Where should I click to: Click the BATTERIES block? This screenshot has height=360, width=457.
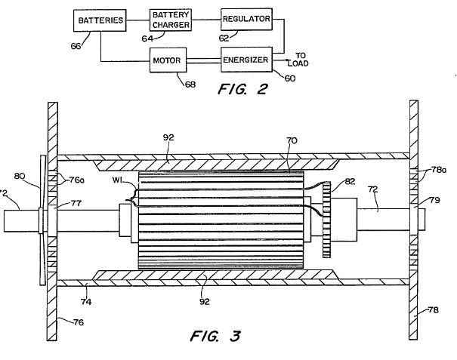(x=100, y=20)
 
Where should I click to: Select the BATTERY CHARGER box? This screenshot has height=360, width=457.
(x=171, y=20)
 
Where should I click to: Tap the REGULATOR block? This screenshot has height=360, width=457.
(x=246, y=19)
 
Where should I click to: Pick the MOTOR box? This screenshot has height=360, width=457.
(x=168, y=60)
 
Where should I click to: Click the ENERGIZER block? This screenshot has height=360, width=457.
(x=246, y=60)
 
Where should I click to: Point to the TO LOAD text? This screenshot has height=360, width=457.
(x=298, y=60)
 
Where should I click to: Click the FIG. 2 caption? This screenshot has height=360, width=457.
(x=242, y=89)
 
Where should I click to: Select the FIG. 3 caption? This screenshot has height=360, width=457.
(x=215, y=336)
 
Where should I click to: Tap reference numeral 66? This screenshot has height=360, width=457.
(x=76, y=46)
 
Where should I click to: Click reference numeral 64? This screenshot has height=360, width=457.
(x=147, y=38)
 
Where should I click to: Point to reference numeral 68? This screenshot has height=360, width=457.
(x=190, y=85)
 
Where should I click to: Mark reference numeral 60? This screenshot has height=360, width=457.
(x=290, y=78)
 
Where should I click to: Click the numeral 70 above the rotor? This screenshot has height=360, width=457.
(x=292, y=140)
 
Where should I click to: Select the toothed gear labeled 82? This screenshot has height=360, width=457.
(x=327, y=220)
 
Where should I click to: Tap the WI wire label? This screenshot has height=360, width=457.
(x=117, y=180)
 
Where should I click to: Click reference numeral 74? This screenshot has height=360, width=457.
(x=86, y=302)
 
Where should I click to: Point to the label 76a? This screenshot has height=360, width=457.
(x=77, y=180)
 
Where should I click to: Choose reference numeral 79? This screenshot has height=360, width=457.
(x=434, y=201)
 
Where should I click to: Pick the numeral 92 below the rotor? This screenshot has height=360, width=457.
(x=205, y=301)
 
